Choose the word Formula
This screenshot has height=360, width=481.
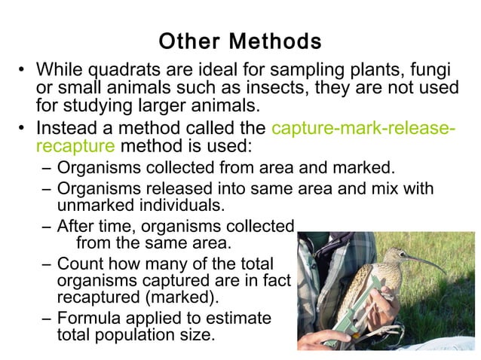88,318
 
